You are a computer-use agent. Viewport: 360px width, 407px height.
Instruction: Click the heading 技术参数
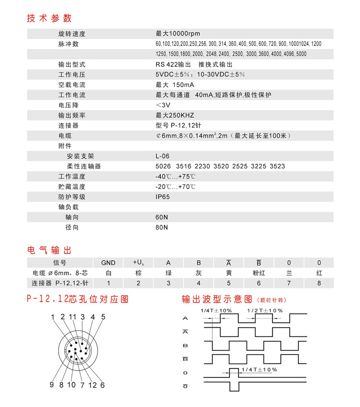pos(49,18)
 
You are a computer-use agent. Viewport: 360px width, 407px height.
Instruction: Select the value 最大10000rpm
pos(177,34)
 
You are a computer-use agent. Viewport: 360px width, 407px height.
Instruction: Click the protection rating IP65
pos(162,196)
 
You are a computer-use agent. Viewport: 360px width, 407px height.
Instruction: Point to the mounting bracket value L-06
pos(162,156)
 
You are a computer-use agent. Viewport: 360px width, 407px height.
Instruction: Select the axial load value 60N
pos(162,217)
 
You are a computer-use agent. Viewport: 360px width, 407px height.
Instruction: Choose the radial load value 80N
pos(162,227)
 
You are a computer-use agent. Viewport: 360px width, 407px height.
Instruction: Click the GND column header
pos(108,263)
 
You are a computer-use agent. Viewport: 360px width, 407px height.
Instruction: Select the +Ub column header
pos(139,263)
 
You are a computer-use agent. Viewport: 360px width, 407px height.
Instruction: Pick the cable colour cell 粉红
pos(259,273)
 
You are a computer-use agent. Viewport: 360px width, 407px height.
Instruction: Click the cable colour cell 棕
pos(139,273)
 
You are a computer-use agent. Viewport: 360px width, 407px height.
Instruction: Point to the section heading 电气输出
pos(49,250)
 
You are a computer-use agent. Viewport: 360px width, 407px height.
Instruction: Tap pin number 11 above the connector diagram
pos(73,317)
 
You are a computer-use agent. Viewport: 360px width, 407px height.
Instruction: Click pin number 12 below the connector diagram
pos(92,384)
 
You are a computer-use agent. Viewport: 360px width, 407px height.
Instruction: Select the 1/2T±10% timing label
pos(264,310)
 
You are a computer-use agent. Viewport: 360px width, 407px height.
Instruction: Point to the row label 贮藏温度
pos(72,186)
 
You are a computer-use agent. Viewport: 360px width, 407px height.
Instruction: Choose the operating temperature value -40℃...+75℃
pos(175,176)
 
